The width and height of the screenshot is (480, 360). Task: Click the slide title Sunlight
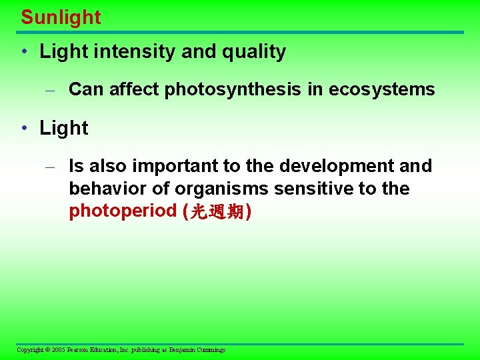[x=61, y=17]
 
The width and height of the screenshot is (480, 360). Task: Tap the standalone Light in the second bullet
[x=64, y=128]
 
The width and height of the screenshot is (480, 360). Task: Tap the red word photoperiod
[x=123, y=211]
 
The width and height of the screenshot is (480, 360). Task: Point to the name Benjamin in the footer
[x=184, y=350]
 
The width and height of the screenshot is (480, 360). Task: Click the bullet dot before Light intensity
[x=24, y=52]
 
